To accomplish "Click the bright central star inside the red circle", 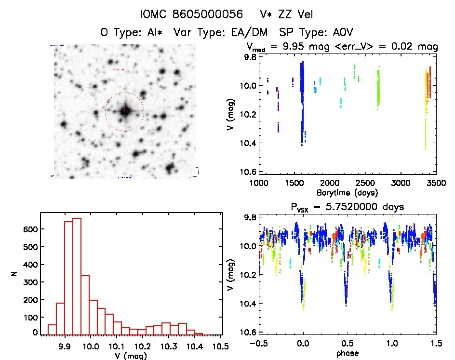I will tap(125, 111).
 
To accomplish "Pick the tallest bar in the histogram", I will tap(77, 276).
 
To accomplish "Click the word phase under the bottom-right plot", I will tap(347, 353).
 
